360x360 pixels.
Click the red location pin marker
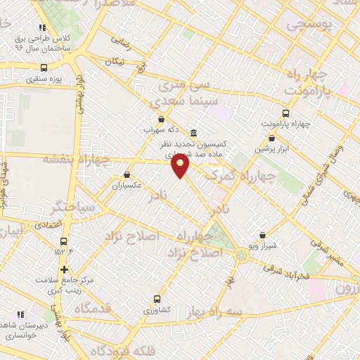[x=181, y=166]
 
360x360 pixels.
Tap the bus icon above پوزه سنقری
[x=44, y=68]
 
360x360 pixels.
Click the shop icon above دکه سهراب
[x=162, y=119]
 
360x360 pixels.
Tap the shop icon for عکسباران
[x=127, y=174]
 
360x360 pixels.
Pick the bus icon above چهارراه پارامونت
[x=285, y=113]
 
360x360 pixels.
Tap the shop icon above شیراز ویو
[x=262, y=235]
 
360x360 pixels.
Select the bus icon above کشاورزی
[x=156, y=298]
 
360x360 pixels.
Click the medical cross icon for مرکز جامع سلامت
[x=64, y=269]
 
